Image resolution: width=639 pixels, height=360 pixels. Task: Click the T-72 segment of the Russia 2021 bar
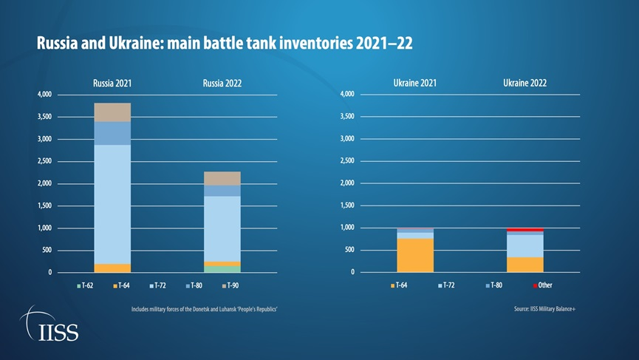click(x=112, y=203)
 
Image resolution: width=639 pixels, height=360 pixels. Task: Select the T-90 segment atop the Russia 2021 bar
click(x=112, y=112)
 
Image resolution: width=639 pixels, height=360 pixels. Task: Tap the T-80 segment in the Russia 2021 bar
click(x=112, y=133)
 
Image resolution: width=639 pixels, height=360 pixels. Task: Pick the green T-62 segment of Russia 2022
click(x=222, y=269)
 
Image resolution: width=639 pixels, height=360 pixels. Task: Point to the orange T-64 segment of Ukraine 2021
click(x=415, y=255)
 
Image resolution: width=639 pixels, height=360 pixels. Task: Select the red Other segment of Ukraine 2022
click(x=525, y=230)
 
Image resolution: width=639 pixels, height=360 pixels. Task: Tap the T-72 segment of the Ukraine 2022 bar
click(x=525, y=245)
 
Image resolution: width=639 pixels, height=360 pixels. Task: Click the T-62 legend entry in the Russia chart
click(x=83, y=285)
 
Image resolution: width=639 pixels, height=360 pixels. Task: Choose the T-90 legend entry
click(x=230, y=285)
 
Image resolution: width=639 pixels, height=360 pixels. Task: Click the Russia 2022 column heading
click(x=222, y=83)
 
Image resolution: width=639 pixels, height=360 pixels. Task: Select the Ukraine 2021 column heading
click(x=415, y=83)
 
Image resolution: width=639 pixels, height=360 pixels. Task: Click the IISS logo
click(x=49, y=325)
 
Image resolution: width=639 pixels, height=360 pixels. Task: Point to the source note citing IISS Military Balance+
click(x=544, y=309)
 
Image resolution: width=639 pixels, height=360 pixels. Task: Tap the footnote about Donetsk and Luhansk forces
click(x=204, y=309)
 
